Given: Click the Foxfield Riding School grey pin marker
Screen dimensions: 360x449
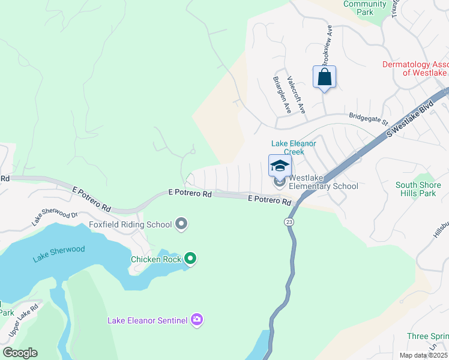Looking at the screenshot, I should coord(182,225).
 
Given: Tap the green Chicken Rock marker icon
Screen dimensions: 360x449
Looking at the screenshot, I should coord(190,259).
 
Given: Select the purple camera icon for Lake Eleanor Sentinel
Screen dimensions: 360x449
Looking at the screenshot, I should coord(196,320).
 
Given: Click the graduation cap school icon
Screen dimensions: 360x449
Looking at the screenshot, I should coord(280,166).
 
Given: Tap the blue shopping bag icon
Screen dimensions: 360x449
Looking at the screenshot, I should coord(324,77).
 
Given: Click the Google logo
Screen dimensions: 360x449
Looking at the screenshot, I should coord(19,353).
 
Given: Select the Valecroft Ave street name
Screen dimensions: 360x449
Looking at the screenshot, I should coord(297,95).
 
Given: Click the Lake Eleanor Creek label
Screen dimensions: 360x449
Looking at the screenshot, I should coord(294,148).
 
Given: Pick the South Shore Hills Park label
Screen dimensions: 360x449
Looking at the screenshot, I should coord(419,189).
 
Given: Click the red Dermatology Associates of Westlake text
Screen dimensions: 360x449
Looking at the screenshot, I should coord(416,68).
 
